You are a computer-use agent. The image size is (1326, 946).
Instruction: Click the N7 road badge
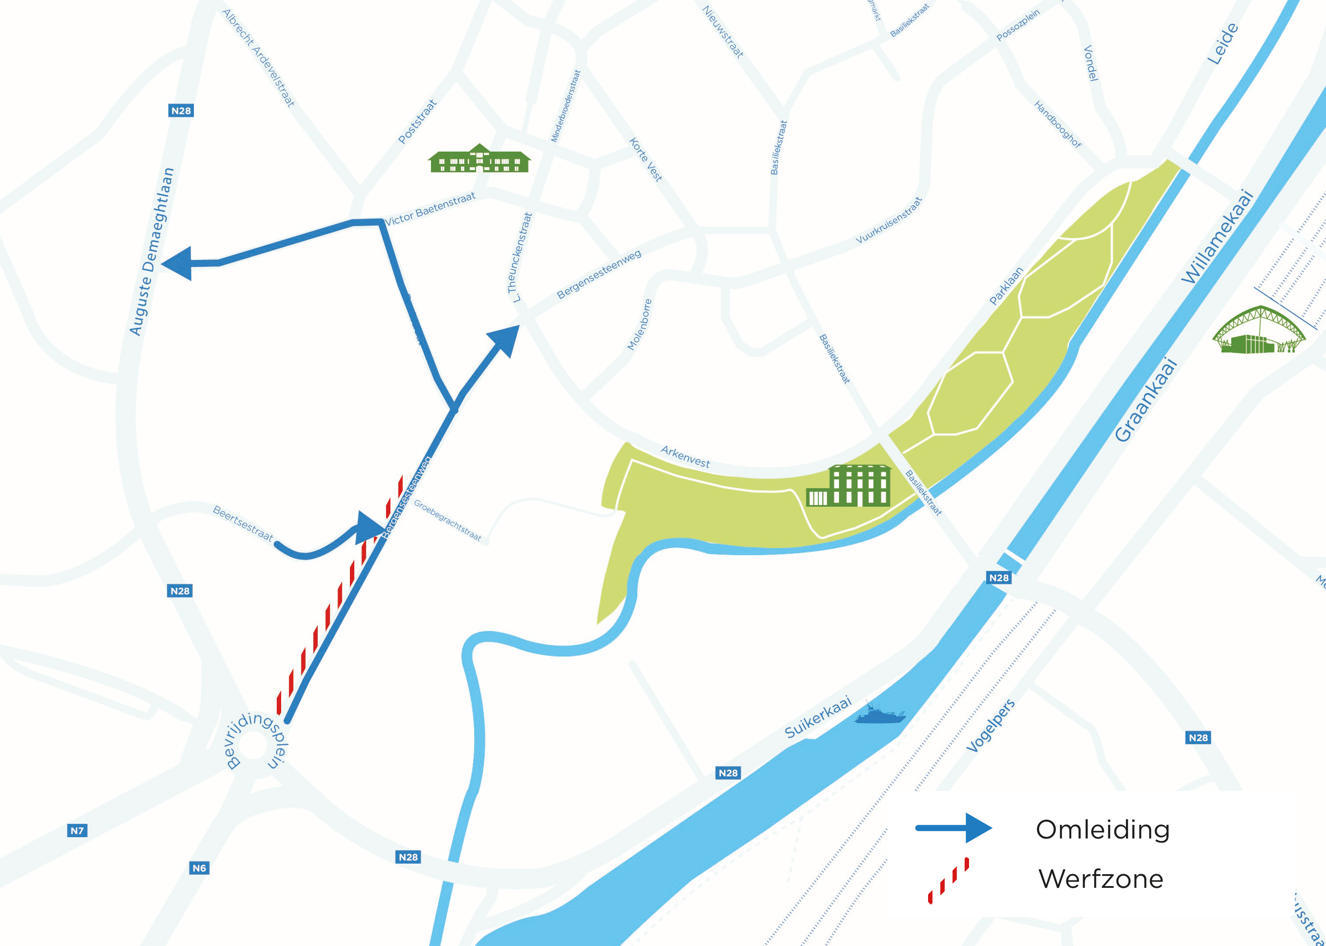(x=77, y=831)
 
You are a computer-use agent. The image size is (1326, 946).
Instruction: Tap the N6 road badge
(x=199, y=868)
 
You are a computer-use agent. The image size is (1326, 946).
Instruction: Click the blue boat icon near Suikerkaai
(x=880, y=715)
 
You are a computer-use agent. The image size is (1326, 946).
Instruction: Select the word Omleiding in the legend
(x=1102, y=830)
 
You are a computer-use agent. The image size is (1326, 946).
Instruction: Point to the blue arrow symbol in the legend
(x=954, y=828)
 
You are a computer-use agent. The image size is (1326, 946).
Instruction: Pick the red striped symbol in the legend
(x=948, y=880)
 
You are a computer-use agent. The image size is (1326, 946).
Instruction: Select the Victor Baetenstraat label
(x=431, y=208)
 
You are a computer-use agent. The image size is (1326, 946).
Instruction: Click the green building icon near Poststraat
(x=479, y=159)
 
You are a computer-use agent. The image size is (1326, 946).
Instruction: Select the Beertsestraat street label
(x=242, y=523)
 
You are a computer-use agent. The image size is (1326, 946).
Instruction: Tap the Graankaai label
(x=1145, y=400)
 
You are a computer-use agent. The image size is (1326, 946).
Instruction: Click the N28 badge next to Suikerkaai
(x=728, y=773)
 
